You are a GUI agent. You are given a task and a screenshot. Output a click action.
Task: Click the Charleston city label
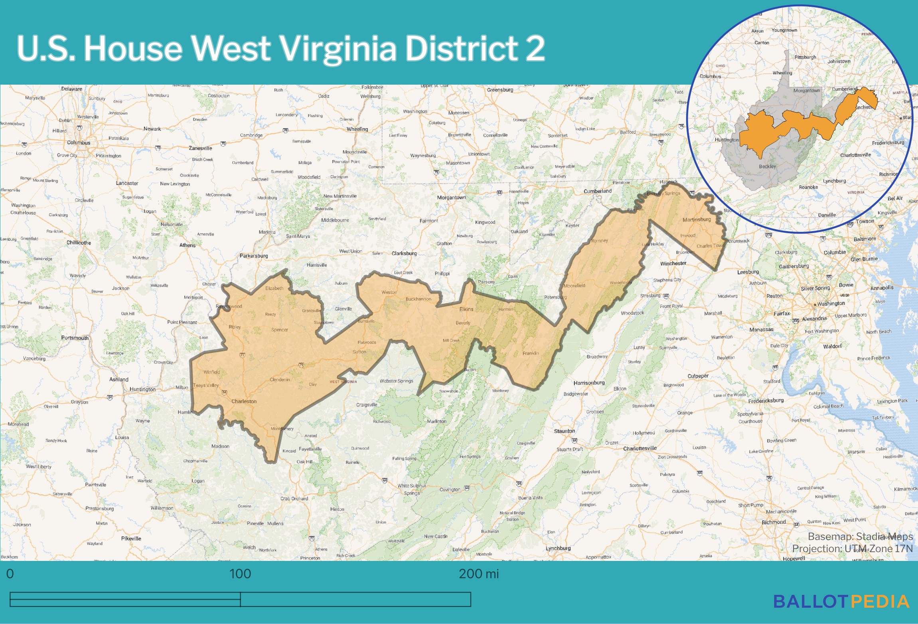click(244, 401)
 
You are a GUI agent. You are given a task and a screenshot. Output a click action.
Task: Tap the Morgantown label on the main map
click(451, 198)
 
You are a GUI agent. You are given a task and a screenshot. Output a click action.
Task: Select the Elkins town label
click(466, 309)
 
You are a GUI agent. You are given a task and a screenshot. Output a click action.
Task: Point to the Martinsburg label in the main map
click(697, 220)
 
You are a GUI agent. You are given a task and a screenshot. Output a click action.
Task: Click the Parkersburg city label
click(254, 256)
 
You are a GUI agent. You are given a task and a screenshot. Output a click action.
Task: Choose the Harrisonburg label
click(589, 383)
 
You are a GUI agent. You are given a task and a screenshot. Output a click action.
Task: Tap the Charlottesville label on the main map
click(640, 448)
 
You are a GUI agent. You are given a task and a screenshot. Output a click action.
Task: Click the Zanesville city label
click(200, 148)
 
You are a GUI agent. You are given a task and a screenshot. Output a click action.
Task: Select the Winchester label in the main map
click(673, 263)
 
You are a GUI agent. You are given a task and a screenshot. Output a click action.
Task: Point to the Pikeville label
click(131, 539)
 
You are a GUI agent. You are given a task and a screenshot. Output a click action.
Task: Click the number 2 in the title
click(535, 49)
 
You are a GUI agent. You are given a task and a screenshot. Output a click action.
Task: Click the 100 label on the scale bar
click(240, 574)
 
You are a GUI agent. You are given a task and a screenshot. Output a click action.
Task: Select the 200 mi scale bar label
click(478, 574)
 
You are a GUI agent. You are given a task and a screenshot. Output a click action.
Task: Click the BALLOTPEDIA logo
click(841, 602)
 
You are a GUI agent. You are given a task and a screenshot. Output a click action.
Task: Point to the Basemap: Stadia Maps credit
click(860, 536)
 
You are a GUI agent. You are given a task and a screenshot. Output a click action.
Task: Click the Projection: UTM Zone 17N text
click(852, 549)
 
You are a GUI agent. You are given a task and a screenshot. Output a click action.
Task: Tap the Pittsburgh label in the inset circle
click(805, 57)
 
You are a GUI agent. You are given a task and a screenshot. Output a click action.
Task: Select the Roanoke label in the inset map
click(808, 187)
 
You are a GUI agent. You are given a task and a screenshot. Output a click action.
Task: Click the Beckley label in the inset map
click(767, 166)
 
